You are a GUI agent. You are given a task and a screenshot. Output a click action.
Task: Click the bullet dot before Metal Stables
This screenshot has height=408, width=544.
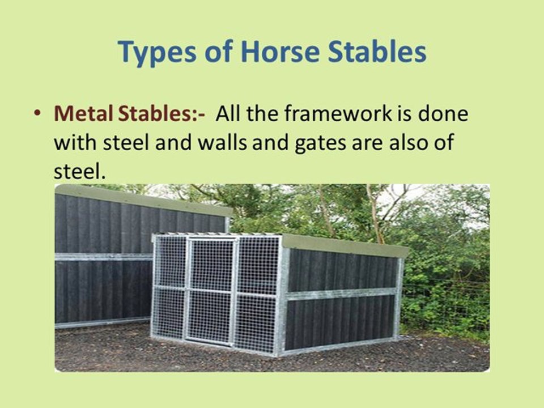pyautogui.click(x=37, y=113)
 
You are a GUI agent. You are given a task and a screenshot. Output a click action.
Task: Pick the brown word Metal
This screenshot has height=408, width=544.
pyautogui.click(x=83, y=113)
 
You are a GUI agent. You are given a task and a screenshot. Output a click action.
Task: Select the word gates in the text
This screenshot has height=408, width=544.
pyautogui.click(x=324, y=142)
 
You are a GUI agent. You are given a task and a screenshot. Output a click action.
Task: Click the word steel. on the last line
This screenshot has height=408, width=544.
pyautogui.click(x=79, y=171)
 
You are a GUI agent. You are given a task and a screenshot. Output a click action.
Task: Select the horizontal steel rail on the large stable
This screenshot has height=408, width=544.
pyautogui.click(x=102, y=257)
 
